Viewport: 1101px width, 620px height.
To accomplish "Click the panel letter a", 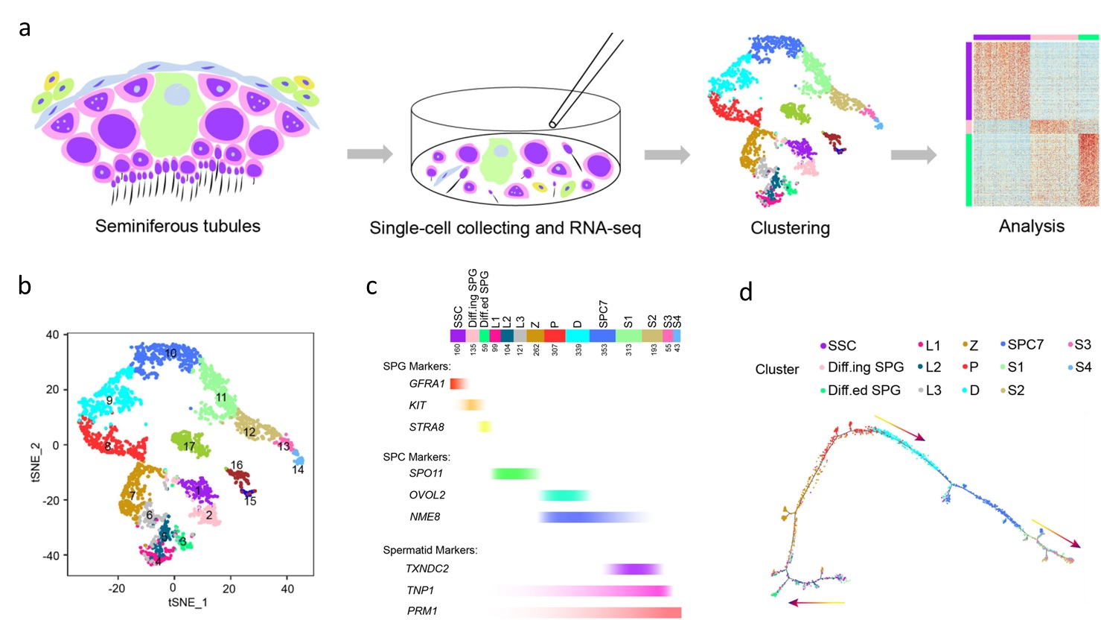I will [25, 30].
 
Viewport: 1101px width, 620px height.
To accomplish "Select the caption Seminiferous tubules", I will [177, 226].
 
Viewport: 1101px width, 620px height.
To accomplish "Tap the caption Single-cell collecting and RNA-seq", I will [505, 228].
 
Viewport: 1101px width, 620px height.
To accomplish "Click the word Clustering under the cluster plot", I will [790, 228].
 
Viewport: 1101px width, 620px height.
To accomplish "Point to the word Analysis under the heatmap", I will [1031, 226].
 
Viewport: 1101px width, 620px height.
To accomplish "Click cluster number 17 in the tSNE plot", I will [189, 447].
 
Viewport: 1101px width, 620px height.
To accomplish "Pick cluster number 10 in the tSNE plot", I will [170, 353].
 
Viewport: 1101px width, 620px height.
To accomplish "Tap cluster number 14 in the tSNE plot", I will [298, 470].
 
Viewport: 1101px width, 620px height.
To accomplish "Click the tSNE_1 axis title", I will [188, 602].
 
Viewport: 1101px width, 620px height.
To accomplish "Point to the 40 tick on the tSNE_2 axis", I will [51, 335].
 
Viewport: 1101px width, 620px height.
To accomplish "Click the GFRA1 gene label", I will [427, 385].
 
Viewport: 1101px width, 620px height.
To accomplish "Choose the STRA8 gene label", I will [427, 428].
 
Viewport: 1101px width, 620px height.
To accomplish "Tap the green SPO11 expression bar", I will [516, 474].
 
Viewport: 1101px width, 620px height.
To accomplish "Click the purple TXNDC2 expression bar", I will [633, 569].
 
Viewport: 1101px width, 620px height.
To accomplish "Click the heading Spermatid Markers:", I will [430, 551].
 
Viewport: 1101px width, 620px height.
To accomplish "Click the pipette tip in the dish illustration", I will [553, 123].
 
